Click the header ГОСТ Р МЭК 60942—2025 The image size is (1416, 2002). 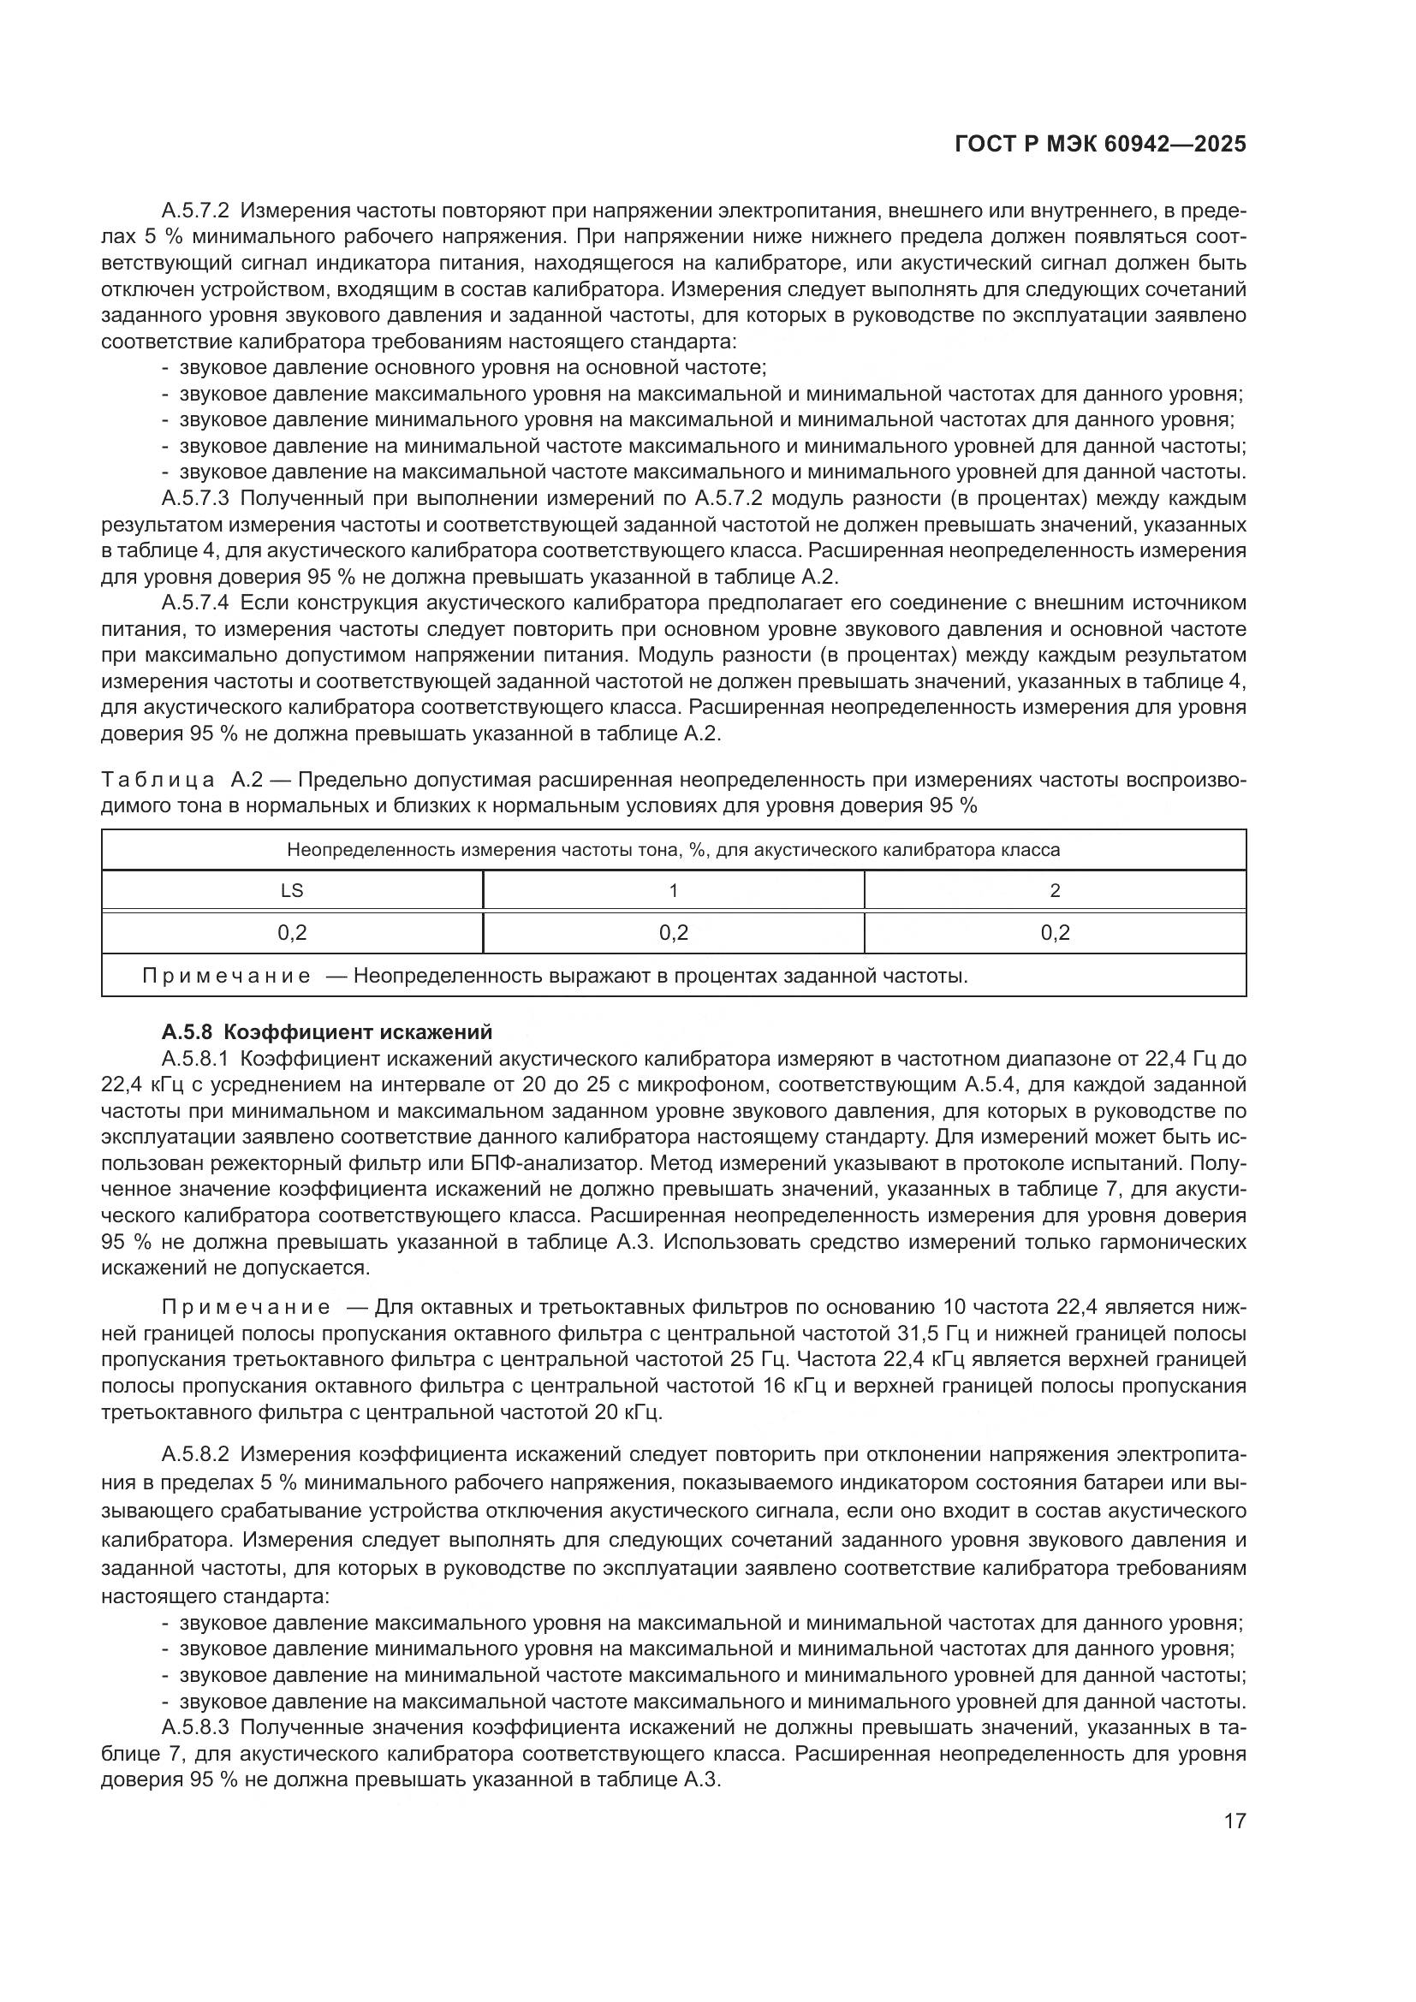click(1100, 145)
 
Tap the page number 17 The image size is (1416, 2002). click(1235, 1821)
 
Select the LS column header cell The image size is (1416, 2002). click(292, 890)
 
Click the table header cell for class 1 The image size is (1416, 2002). click(673, 890)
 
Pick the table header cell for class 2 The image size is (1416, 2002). click(1055, 890)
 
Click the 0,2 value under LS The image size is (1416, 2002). click(292, 933)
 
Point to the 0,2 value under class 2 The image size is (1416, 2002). click(1055, 933)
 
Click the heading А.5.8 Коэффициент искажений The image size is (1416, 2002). click(327, 1032)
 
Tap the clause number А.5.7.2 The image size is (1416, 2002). click(195, 211)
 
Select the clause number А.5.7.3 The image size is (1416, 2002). click(195, 499)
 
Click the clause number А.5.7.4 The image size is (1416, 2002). click(195, 603)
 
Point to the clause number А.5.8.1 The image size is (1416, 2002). click(195, 1059)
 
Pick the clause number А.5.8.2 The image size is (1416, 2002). click(195, 1453)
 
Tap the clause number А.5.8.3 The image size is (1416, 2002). click(195, 1727)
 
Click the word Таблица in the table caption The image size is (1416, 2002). click(158, 780)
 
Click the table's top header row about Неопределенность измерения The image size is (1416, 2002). click(673, 849)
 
